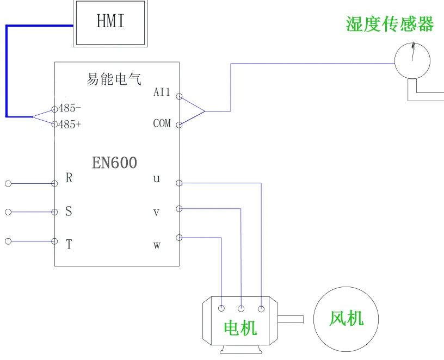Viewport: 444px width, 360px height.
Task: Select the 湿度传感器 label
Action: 390,24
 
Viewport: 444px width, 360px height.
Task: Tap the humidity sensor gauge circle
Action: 412,60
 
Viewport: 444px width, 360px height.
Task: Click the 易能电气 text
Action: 114,79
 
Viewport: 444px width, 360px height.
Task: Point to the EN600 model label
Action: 114,163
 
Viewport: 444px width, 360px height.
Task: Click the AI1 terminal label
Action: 162,92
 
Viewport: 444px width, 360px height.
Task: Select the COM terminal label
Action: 162,123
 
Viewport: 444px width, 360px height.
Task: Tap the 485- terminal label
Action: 70,108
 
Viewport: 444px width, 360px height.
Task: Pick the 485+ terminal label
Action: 70,125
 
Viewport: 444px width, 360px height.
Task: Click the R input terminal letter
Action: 69,178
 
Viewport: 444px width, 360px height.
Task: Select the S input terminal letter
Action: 69,212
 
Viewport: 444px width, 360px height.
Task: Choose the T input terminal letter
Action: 69,245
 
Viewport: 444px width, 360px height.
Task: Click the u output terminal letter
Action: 157,179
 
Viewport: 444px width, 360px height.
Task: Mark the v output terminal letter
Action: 156,212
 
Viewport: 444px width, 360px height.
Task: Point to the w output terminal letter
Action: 157,245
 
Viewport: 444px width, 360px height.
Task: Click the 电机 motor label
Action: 240,327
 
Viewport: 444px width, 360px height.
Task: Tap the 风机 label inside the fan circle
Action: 346,318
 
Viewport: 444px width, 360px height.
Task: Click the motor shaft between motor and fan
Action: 292,319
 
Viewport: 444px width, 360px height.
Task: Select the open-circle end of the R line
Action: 8,184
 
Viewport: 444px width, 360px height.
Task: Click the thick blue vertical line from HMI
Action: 6,71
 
